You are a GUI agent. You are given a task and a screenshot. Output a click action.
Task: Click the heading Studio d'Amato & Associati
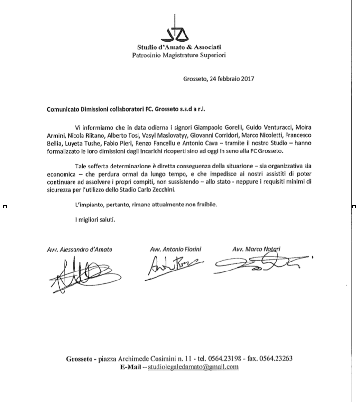tap(178, 47)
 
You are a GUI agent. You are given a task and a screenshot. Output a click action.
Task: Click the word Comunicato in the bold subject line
tap(64, 108)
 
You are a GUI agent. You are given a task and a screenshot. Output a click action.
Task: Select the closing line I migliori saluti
tap(95, 219)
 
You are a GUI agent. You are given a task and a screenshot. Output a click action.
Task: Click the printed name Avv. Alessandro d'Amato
tap(80, 249)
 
